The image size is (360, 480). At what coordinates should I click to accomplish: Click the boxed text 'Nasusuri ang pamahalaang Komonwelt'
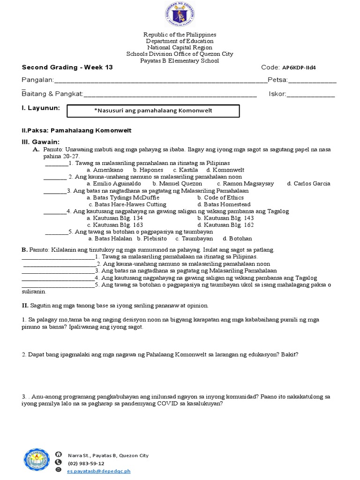click(x=154, y=111)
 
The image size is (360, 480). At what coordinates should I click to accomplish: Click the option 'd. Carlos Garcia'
click(x=308, y=184)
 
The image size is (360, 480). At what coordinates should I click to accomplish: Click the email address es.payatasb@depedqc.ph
click(x=99, y=471)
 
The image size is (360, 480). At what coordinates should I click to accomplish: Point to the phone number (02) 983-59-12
click(x=86, y=463)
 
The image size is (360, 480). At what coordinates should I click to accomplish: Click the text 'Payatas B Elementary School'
click(x=180, y=61)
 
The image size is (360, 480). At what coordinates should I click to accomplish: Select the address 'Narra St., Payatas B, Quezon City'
click(x=108, y=455)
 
